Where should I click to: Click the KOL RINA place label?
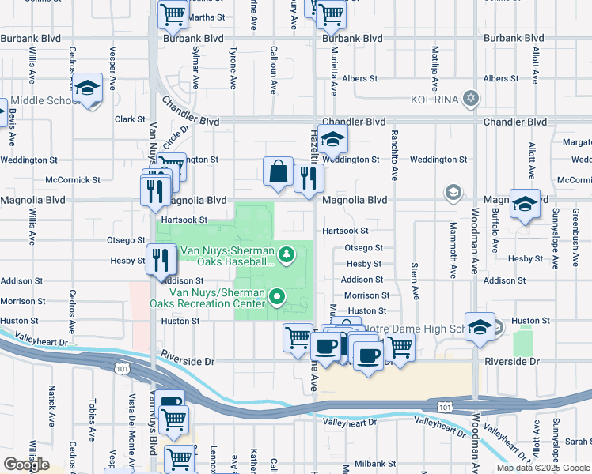point(434,100)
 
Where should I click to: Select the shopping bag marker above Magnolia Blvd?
point(278,172)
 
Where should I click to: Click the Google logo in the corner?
point(25,465)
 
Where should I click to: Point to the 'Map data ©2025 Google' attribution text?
point(544,468)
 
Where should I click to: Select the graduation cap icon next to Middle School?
point(88,88)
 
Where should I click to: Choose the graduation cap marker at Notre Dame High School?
point(480,327)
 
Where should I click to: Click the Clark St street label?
point(130,119)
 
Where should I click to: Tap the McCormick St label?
point(73,180)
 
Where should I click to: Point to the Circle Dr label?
point(178,137)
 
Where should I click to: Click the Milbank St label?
point(369,464)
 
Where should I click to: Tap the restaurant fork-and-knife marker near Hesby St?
point(161,260)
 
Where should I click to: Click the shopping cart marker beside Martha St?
point(173,15)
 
